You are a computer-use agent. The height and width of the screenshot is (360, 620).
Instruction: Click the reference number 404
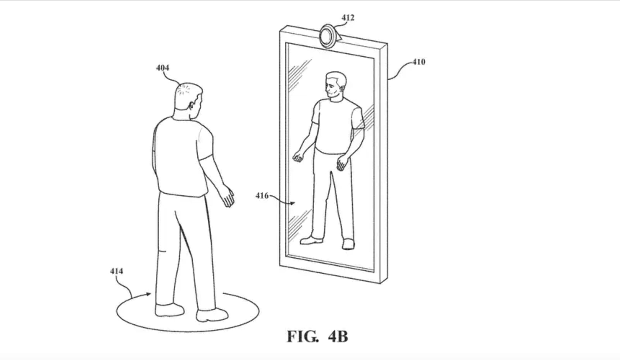tap(162, 68)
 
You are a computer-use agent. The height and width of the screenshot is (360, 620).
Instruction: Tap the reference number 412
tap(348, 18)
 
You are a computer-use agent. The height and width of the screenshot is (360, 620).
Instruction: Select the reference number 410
tap(419, 62)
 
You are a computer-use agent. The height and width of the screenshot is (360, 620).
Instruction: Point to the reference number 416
tap(262, 196)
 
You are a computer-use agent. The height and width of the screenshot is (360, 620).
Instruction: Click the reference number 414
tap(117, 271)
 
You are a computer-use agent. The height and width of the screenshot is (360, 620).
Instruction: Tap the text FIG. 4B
tap(317, 336)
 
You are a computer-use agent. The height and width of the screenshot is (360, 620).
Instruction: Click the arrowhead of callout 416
tap(292, 203)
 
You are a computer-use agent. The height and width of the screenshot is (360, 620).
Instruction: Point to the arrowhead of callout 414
tap(149, 294)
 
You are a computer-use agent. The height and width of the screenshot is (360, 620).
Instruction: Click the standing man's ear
tap(191, 105)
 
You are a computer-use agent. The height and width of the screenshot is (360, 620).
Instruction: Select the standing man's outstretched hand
tap(227, 196)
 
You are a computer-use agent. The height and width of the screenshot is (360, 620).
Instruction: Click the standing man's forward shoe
tap(212, 315)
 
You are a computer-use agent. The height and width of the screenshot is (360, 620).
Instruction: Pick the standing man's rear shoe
tap(169, 310)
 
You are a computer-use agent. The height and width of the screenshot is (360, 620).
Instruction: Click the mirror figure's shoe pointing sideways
tap(312, 240)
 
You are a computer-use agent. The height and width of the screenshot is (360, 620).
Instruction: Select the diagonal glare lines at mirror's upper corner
tap(300, 75)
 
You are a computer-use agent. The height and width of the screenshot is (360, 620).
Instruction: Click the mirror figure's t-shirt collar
tap(336, 100)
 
